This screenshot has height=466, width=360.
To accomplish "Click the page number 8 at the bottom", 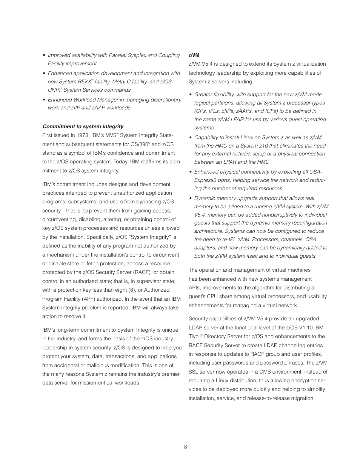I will [185, 447].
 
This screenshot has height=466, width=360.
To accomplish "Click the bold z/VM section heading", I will [194, 55].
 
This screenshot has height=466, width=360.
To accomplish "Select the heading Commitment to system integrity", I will [83, 127].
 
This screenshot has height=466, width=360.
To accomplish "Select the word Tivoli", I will [195, 337].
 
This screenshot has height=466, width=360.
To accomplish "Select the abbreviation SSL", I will [194, 372].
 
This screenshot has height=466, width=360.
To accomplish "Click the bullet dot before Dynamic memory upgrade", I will [191, 198].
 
